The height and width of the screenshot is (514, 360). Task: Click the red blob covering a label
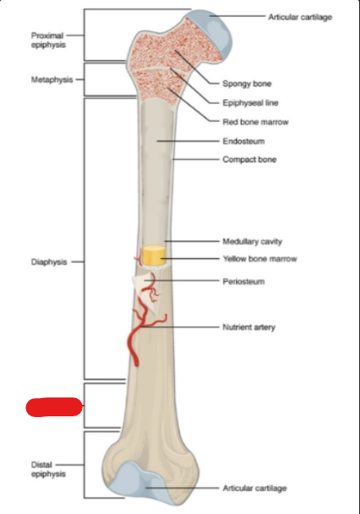pyautogui.click(x=54, y=407)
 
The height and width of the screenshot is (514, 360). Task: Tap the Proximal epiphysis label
pyautogui.click(x=48, y=40)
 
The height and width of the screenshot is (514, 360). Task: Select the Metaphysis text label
pyautogui.click(x=52, y=79)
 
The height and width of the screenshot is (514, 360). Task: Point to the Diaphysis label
pyautogui.click(x=48, y=262)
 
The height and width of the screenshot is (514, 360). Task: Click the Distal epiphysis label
pyautogui.click(x=48, y=469)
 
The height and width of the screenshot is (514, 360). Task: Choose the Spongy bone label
pyautogui.click(x=247, y=83)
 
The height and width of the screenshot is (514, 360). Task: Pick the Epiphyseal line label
pyautogui.click(x=250, y=103)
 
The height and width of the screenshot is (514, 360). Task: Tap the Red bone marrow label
pyautogui.click(x=255, y=122)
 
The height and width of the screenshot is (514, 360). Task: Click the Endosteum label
pyautogui.click(x=244, y=141)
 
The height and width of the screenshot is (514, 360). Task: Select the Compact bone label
pyautogui.click(x=250, y=160)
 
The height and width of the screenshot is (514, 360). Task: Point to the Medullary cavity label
pyautogui.click(x=252, y=242)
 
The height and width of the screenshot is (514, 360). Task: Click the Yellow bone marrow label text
pyautogui.click(x=260, y=259)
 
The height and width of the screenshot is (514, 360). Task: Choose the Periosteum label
pyautogui.click(x=244, y=281)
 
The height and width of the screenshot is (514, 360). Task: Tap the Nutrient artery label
pyautogui.click(x=249, y=327)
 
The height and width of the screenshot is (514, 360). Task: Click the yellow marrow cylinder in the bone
pyautogui.click(x=153, y=255)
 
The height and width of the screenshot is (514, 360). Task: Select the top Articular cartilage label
pyautogui.click(x=300, y=17)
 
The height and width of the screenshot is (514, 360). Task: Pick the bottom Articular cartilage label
pyautogui.click(x=255, y=488)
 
